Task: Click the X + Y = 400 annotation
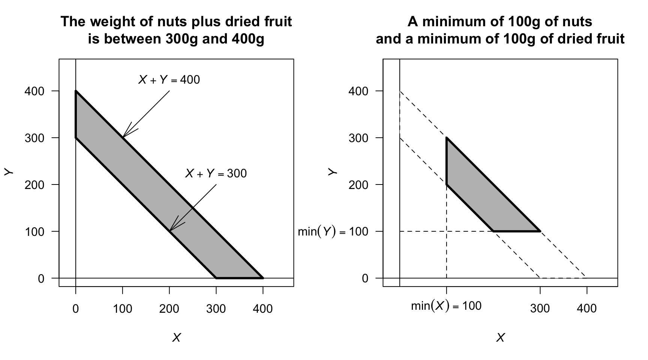click(x=169, y=80)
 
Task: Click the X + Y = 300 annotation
click(x=216, y=173)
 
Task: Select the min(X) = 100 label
click(x=446, y=306)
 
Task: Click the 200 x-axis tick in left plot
click(x=169, y=309)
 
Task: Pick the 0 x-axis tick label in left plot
click(x=76, y=309)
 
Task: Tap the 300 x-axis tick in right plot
click(x=540, y=308)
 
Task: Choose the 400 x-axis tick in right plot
click(x=586, y=308)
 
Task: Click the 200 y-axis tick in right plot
click(x=358, y=185)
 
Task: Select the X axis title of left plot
click(x=176, y=338)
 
